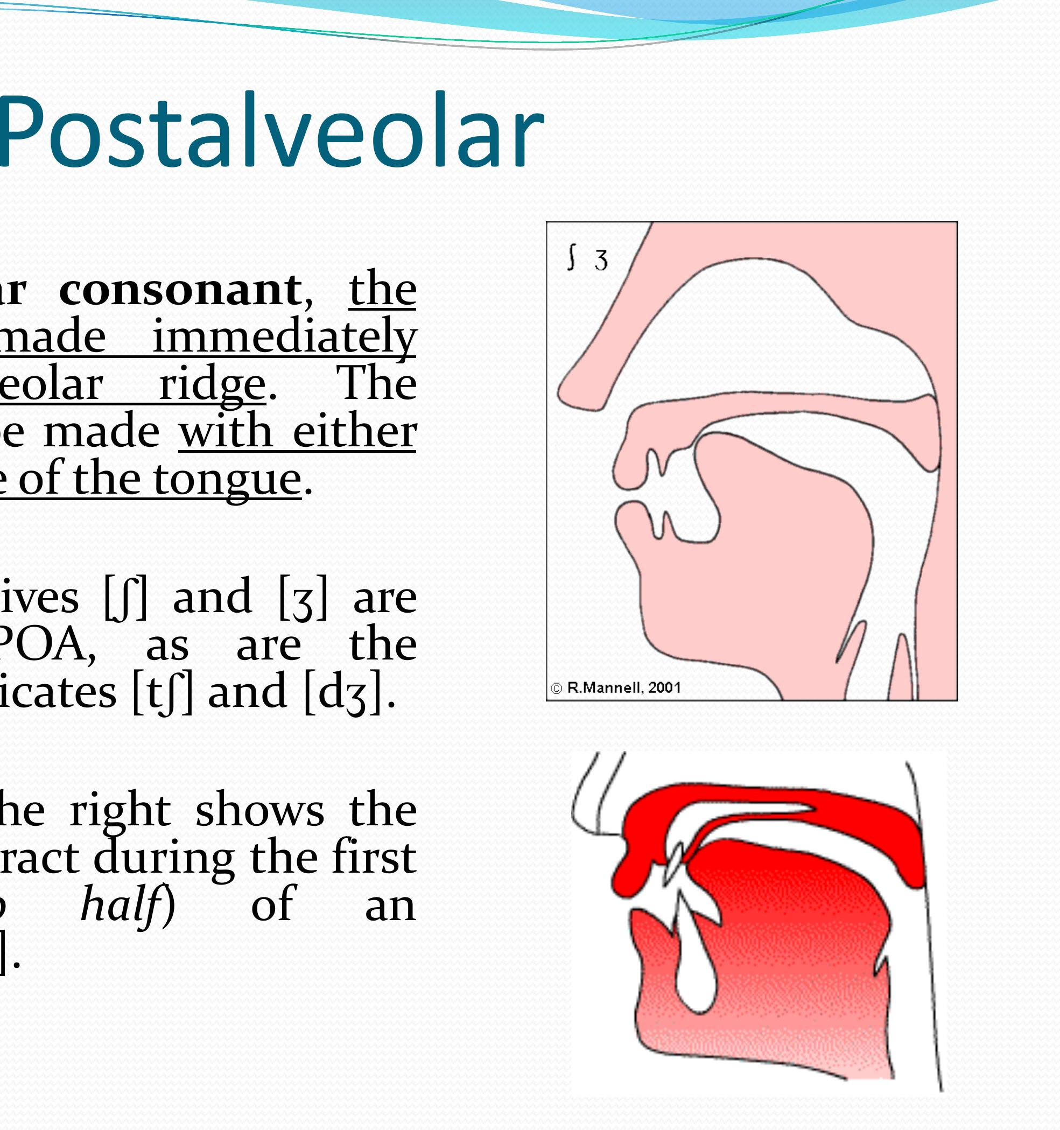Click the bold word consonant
point(180,290)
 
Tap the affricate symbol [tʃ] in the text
point(162,692)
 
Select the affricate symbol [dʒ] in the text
point(342,692)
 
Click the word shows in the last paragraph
point(259,810)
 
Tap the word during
point(164,857)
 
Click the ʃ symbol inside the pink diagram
point(572,257)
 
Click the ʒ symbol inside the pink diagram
point(601,261)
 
